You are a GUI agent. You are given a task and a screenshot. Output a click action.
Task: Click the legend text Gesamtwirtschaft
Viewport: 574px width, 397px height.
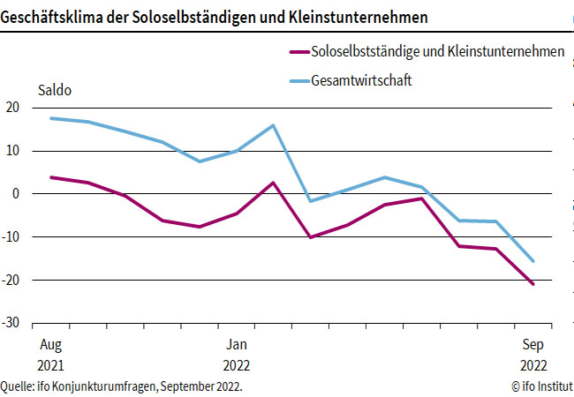pos(363,81)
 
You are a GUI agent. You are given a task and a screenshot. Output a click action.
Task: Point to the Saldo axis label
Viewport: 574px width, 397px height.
pos(54,90)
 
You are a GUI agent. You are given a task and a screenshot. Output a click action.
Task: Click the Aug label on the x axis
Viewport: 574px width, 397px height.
pos(49,345)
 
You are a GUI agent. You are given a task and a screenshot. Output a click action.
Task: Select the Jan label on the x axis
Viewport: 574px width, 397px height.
pos(236,345)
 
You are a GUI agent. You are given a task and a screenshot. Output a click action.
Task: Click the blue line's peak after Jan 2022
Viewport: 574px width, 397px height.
pos(273,125)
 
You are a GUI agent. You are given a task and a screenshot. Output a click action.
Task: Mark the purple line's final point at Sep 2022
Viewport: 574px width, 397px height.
pos(533,284)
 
